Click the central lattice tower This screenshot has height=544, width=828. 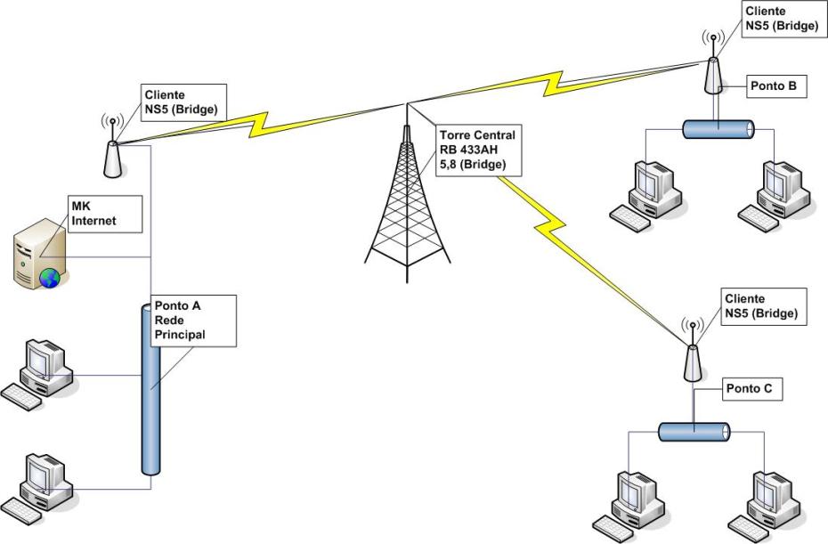(x=404, y=205)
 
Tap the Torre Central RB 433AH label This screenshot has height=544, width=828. (x=476, y=150)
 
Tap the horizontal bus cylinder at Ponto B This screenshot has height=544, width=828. (x=718, y=129)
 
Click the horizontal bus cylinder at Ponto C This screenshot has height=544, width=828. (x=694, y=433)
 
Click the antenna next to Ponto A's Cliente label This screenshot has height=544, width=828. (x=112, y=153)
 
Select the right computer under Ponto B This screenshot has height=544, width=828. (x=775, y=194)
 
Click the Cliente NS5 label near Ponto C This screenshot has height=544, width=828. (x=760, y=306)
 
